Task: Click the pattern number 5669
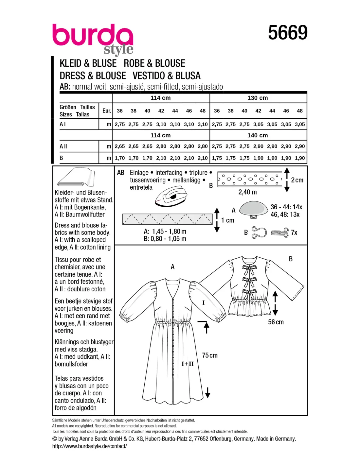[288, 33]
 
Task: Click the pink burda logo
[93, 36]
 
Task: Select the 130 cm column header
[258, 98]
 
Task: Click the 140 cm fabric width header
[258, 135]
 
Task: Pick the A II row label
[63, 146]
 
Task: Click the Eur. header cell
[107, 111]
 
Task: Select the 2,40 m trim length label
[247, 192]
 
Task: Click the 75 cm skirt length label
[210, 355]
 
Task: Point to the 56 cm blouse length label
[276, 322]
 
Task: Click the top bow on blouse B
[249, 269]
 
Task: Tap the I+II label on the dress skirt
[188, 364]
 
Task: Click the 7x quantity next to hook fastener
[294, 232]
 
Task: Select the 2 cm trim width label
[297, 180]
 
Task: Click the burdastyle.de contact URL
[89, 446]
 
